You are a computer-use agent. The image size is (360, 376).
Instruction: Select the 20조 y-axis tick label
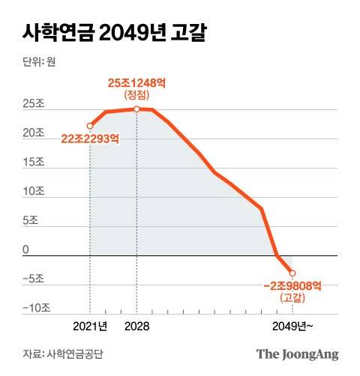pyautogui.click(x=34, y=133)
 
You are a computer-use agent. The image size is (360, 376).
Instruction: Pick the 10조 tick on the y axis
pyautogui.click(x=34, y=192)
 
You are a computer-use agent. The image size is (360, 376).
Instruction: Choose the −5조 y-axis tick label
pyautogui.click(x=34, y=279)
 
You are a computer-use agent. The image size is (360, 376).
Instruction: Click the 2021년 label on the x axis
pyautogui.click(x=91, y=326)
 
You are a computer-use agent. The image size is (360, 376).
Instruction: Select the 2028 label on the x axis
pyautogui.click(x=136, y=326)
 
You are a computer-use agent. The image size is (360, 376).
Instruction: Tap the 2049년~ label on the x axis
pyautogui.click(x=292, y=326)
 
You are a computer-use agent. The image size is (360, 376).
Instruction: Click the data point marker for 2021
pyautogui.click(x=90, y=126)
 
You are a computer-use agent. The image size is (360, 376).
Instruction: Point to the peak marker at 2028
pyautogui.click(x=136, y=109)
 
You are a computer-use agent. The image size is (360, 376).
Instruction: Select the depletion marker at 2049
pyautogui.click(x=292, y=273)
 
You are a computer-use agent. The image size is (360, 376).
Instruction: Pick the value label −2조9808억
pyautogui.click(x=293, y=285)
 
